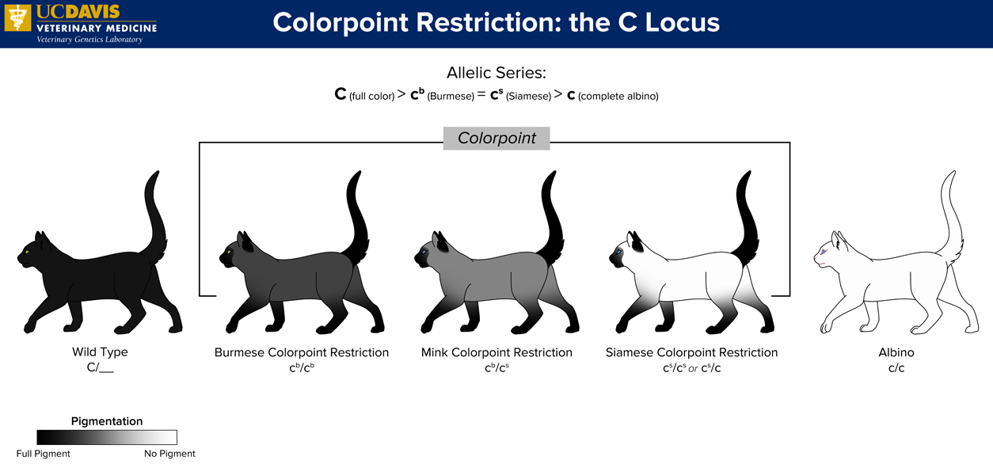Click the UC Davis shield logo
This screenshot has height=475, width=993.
pos(17,17)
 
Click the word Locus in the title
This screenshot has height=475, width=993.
pos(683,22)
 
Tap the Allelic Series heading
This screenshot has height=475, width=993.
pos(496,73)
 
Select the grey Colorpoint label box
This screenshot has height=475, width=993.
pos(496,139)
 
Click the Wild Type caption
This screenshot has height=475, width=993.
pos(100,351)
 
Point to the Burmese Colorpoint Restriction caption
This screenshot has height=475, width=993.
pos(302,352)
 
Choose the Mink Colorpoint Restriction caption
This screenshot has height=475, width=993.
pos(496,352)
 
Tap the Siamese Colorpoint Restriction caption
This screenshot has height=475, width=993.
pos(691,352)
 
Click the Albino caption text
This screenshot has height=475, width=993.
pos(896,352)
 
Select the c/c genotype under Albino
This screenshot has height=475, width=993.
pos(896,368)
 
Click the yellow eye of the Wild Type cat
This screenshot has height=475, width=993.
pos(27,252)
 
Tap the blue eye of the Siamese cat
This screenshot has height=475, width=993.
pos(619,252)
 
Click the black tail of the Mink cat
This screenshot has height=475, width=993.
pos(552,217)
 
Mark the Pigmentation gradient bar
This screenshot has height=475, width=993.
pos(107,437)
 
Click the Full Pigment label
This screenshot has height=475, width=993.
pos(43,454)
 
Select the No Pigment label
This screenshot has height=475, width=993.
pos(169,454)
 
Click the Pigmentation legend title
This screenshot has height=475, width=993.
pos(107,421)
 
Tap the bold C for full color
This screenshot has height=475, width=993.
pos(340,94)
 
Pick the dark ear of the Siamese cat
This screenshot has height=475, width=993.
pos(637,242)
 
